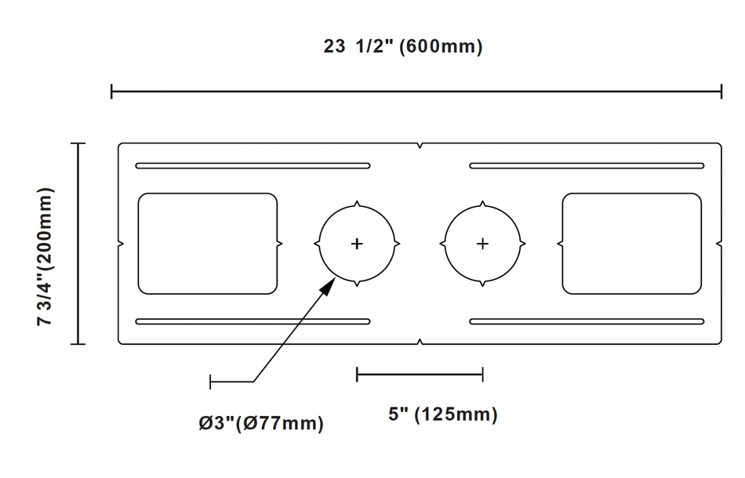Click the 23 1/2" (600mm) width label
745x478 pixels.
pyautogui.click(x=403, y=47)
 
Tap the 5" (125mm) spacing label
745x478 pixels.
pyautogui.click(x=442, y=414)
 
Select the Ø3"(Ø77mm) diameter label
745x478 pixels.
pyautogui.click(x=260, y=424)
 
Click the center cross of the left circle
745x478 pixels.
pyautogui.click(x=357, y=244)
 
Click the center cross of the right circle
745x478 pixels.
pyautogui.click(x=482, y=244)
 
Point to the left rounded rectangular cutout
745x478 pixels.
pyautogui.click(x=208, y=244)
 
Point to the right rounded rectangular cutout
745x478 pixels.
pyautogui.click(x=631, y=244)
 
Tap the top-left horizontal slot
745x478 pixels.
pyautogui.click(x=253, y=166)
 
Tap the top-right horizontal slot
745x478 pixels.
pyautogui.click(x=587, y=166)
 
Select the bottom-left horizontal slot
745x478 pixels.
pyautogui.click(x=253, y=321)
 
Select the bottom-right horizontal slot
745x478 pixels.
pyautogui.click(x=587, y=321)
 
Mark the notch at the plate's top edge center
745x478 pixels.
pyautogui.click(x=421, y=146)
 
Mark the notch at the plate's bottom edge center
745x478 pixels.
pyautogui.click(x=421, y=341)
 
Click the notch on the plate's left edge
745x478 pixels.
pyautogui.click(x=120, y=244)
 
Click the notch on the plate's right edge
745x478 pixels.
pyautogui.click(x=719, y=244)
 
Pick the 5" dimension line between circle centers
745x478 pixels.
pyautogui.click(x=420, y=375)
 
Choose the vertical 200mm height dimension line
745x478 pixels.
pyautogui.click(x=78, y=244)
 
